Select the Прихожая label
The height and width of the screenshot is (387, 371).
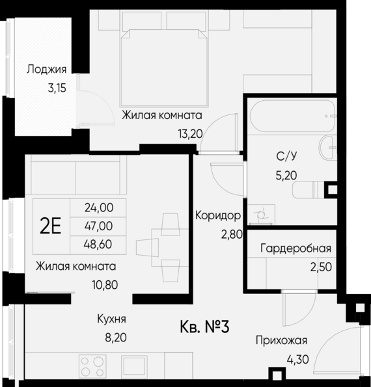(x=281, y=340)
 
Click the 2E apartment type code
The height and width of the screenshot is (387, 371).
(x=50, y=226)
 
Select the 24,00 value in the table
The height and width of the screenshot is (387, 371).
(x=100, y=208)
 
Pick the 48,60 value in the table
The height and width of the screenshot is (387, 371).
(x=100, y=245)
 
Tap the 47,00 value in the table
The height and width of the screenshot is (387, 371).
(x=100, y=226)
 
